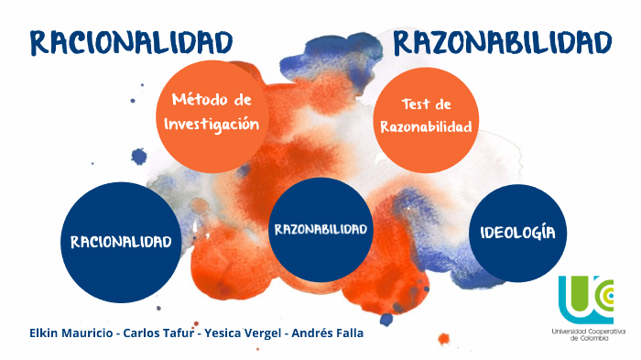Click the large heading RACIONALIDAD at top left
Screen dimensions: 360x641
point(130,41)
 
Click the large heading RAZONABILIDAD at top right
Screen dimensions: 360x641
point(501,41)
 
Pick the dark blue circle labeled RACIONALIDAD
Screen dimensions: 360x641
point(120,243)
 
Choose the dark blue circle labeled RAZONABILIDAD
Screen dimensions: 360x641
point(320,229)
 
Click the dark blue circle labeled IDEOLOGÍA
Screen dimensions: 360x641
point(517,232)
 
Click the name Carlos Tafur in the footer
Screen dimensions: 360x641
point(161,333)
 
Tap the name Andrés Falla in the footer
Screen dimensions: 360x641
point(327,333)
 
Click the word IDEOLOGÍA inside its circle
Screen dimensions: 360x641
point(517,232)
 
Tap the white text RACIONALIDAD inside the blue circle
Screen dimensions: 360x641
point(120,243)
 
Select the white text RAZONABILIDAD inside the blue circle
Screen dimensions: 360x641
point(320,229)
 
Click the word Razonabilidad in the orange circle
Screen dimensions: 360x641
point(426,128)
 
